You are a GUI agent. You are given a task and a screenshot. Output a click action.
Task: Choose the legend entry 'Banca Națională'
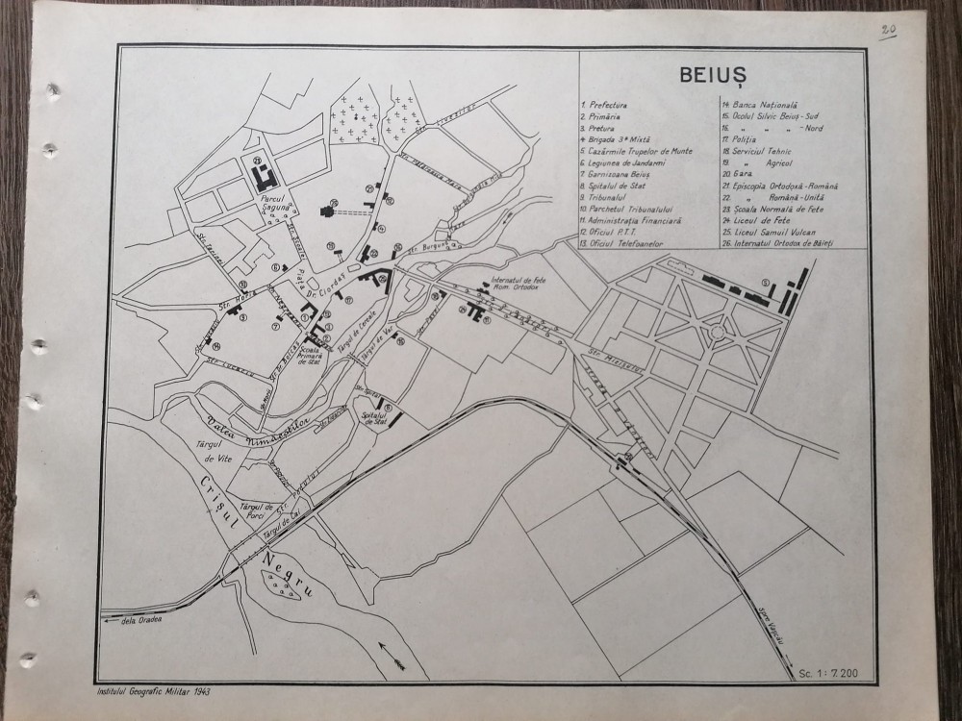coord(760,102)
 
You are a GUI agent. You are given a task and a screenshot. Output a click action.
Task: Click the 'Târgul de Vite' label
coord(227,451)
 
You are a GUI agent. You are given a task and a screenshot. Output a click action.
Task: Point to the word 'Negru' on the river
coord(286,566)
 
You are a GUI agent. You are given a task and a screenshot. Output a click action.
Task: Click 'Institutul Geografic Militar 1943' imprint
coord(155,690)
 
